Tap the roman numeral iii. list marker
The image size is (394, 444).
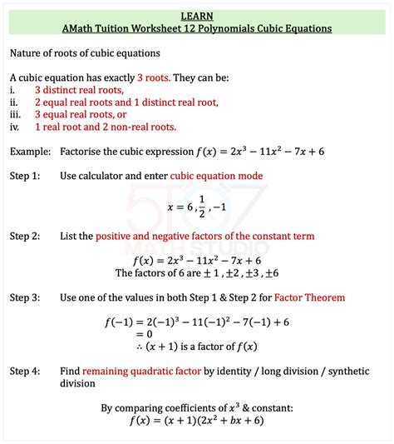[x=15, y=115]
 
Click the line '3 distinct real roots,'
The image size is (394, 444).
[x=79, y=89]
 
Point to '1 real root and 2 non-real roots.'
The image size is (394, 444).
[x=106, y=127]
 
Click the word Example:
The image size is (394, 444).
[x=29, y=152]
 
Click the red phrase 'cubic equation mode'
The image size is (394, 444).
[x=216, y=176]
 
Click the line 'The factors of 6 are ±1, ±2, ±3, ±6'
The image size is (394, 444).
[x=197, y=272]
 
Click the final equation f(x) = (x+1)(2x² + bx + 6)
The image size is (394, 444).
[x=197, y=421]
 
